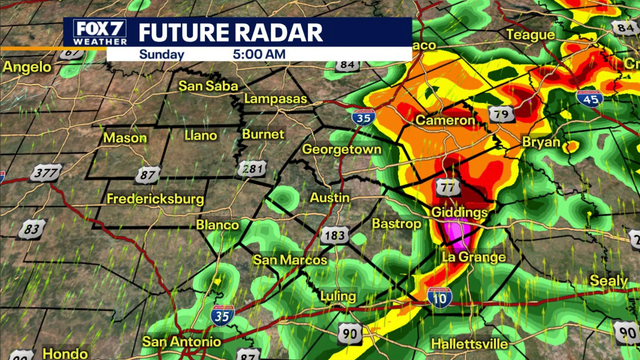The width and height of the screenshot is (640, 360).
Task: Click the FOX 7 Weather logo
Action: click(97, 32)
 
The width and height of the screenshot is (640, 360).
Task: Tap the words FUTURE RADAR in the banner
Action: click(230, 32)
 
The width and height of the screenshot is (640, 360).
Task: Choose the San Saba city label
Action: click(208, 86)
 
